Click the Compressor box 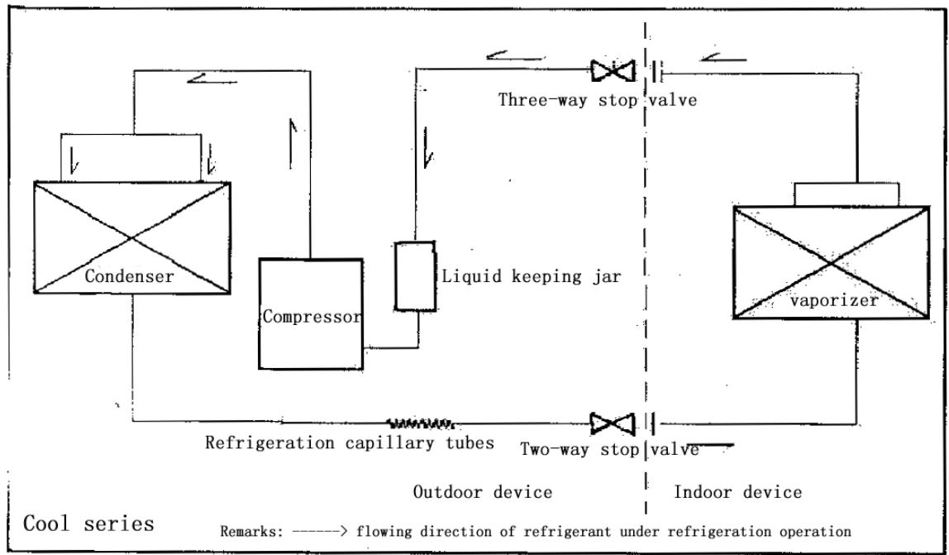tap(310, 314)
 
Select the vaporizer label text tap(834, 300)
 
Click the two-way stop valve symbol tap(613, 425)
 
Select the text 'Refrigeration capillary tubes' tap(350, 443)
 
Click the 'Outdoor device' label tap(482, 493)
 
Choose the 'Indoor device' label tap(738, 493)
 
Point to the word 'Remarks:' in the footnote tap(249, 530)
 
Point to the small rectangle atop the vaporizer tap(845, 194)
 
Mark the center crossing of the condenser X tap(132, 237)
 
